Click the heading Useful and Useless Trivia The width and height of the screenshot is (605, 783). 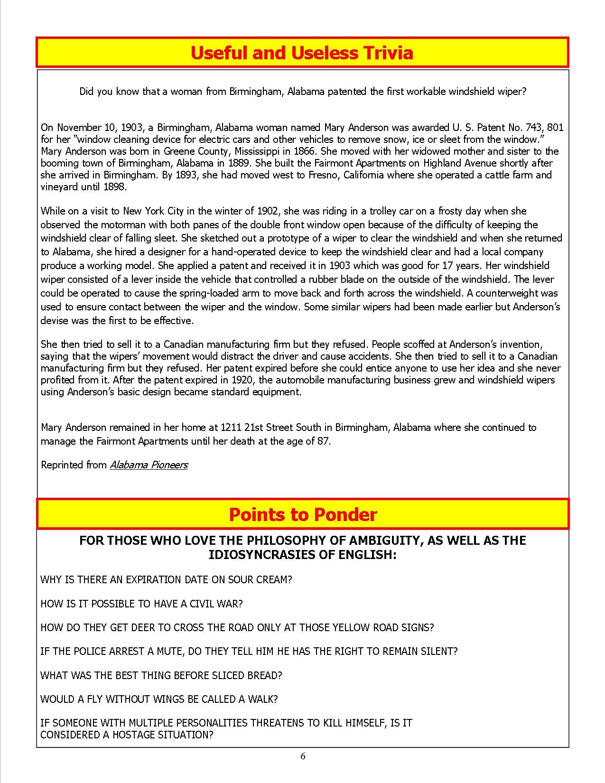[x=302, y=53]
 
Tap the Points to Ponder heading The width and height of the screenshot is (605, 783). [x=303, y=514]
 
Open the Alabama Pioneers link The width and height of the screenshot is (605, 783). [x=149, y=465]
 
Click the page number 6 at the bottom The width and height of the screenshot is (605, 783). [x=303, y=756]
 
